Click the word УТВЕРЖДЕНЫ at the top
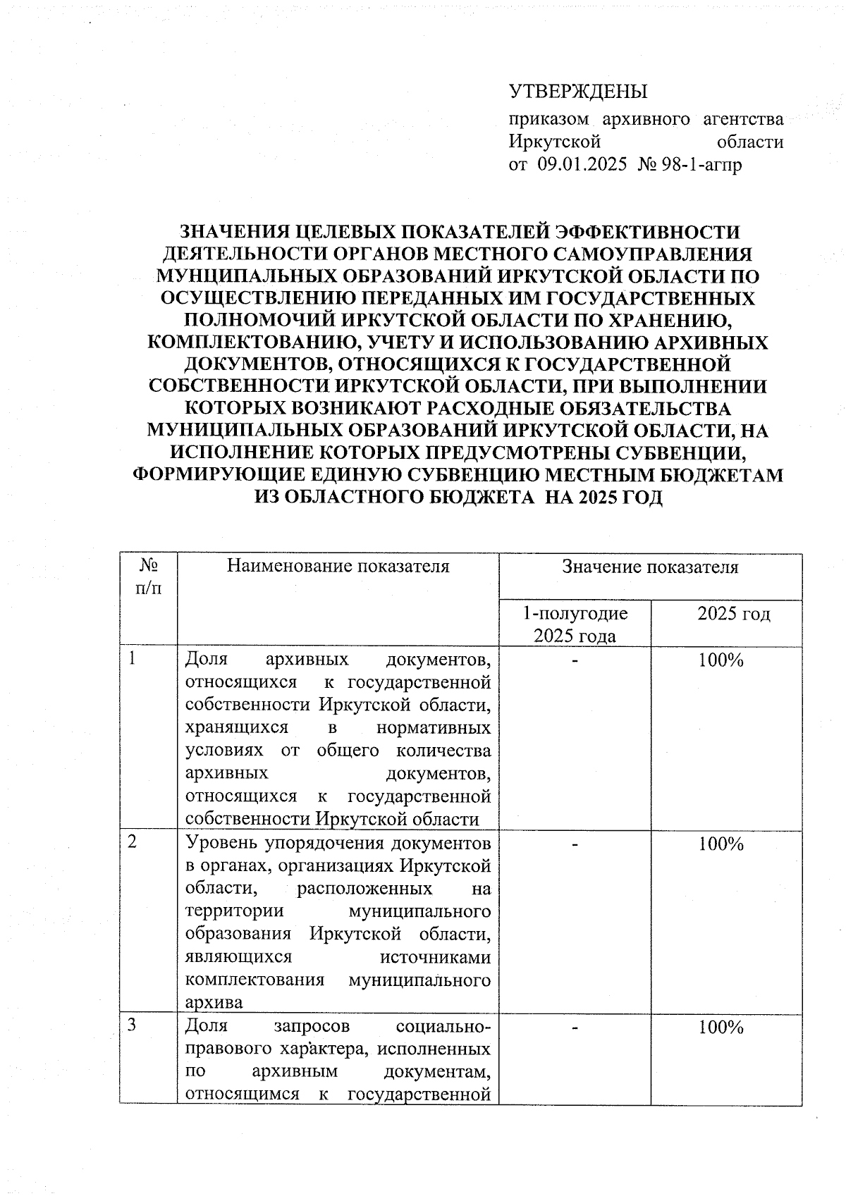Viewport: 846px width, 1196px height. pyautogui.click(x=577, y=92)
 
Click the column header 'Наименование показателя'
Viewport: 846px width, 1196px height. pyautogui.click(x=338, y=567)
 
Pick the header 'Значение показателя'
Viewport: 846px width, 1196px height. pyautogui.click(x=650, y=567)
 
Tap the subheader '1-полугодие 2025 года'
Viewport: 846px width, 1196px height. pyautogui.click(x=575, y=624)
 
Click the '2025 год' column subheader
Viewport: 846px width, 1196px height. pyautogui.click(x=726, y=613)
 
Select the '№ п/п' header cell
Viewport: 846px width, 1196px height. pyautogui.click(x=148, y=577)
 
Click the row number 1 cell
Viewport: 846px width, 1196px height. pyautogui.click(x=132, y=660)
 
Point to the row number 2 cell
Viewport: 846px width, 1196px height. pyautogui.click(x=132, y=844)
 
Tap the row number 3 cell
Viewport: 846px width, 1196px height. pyautogui.click(x=132, y=1027)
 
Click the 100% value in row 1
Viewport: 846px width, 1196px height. pyautogui.click(x=721, y=660)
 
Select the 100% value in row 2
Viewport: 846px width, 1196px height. pyautogui.click(x=721, y=844)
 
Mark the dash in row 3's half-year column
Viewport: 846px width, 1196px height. pyautogui.click(x=575, y=1028)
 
